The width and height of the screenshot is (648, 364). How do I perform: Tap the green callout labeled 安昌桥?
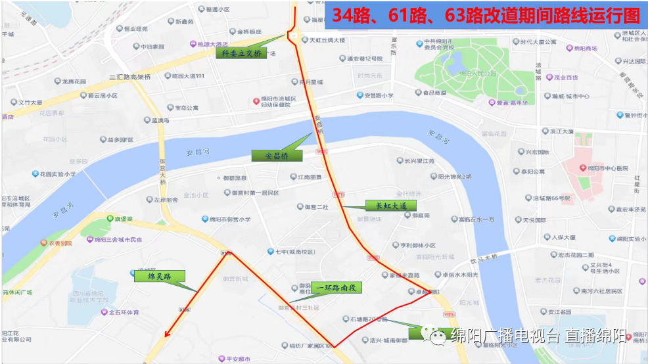click(x=277, y=156)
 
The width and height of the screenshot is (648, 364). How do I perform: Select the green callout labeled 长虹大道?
click(x=391, y=206)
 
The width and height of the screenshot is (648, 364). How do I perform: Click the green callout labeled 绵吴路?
click(x=159, y=277)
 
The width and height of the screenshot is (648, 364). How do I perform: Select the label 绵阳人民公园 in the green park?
click(x=478, y=74)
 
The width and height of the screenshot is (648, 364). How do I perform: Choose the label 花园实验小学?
click(x=57, y=174)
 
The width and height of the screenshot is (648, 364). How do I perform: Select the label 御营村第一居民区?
click(x=254, y=193)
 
